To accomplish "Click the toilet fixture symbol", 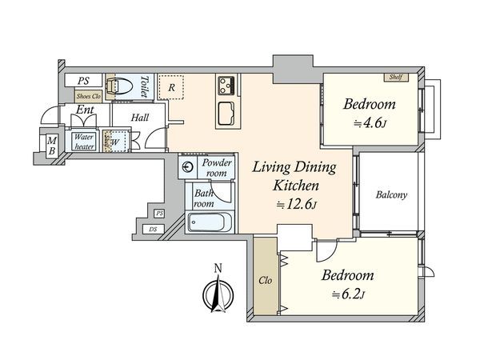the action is pyautogui.click(x=118, y=86).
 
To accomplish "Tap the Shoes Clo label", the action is pyautogui.click(x=89, y=96).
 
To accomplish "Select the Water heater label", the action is pyautogui.click(x=84, y=142).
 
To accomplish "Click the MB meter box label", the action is pyautogui.click(x=52, y=146).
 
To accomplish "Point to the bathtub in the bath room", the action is pyautogui.click(x=210, y=222).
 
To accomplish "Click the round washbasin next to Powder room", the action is pyautogui.click(x=188, y=167).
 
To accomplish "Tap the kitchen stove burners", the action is pyautogui.click(x=226, y=86).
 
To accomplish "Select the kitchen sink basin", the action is pyautogui.click(x=226, y=114).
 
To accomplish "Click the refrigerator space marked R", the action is pyautogui.click(x=171, y=87).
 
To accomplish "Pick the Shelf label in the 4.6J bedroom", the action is pyautogui.click(x=396, y=77).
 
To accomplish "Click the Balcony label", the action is pyautogui.click(x=391, y=194).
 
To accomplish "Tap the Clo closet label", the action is pyautogui.click(x=265, y=281).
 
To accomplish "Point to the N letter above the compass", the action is pyautogui.click(x=218, y=269).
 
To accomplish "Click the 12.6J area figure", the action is pyautogui.click(x=296, y=205).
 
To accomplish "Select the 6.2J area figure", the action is pyautogui.click(x=348, y=294).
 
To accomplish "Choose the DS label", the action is pyautogui.click(x=153, y=229).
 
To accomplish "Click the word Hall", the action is pyautogui.click(x=140, y=118).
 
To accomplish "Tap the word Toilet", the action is pyautogui.click(x=145, y=86).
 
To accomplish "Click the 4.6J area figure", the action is pyautogui.click(x=370, y=123).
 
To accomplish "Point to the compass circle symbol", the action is pyautogui.click(x=218, y=295).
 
